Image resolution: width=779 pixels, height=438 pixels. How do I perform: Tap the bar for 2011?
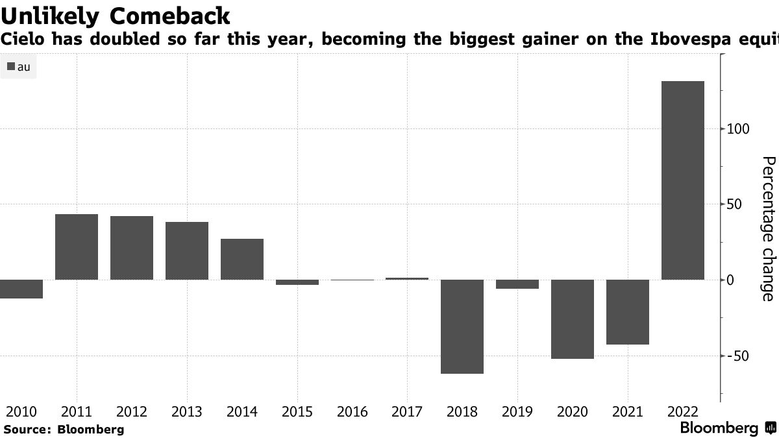tap(77, 247)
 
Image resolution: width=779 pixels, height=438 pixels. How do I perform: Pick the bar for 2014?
tap(242, 260)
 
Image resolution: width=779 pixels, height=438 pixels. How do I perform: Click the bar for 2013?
tap(187, 250)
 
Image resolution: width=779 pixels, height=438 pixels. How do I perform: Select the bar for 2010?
tap(21, 289)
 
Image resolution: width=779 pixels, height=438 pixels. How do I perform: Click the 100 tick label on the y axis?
tap(738, 129)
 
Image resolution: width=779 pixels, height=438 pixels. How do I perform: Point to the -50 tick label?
tap(738, 356)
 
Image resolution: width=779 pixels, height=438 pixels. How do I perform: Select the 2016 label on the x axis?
tap(352, 412)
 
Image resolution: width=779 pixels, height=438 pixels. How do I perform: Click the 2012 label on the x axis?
tap(132, 412)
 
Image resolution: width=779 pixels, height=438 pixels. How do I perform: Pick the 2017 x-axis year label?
tap(408, 412)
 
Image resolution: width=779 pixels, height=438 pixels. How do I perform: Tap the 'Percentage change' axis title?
tap(767, 228)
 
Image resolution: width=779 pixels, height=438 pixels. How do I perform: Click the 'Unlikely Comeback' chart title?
tap(116, 14)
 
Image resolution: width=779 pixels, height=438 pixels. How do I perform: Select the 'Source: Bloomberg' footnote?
tap(64, 429)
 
